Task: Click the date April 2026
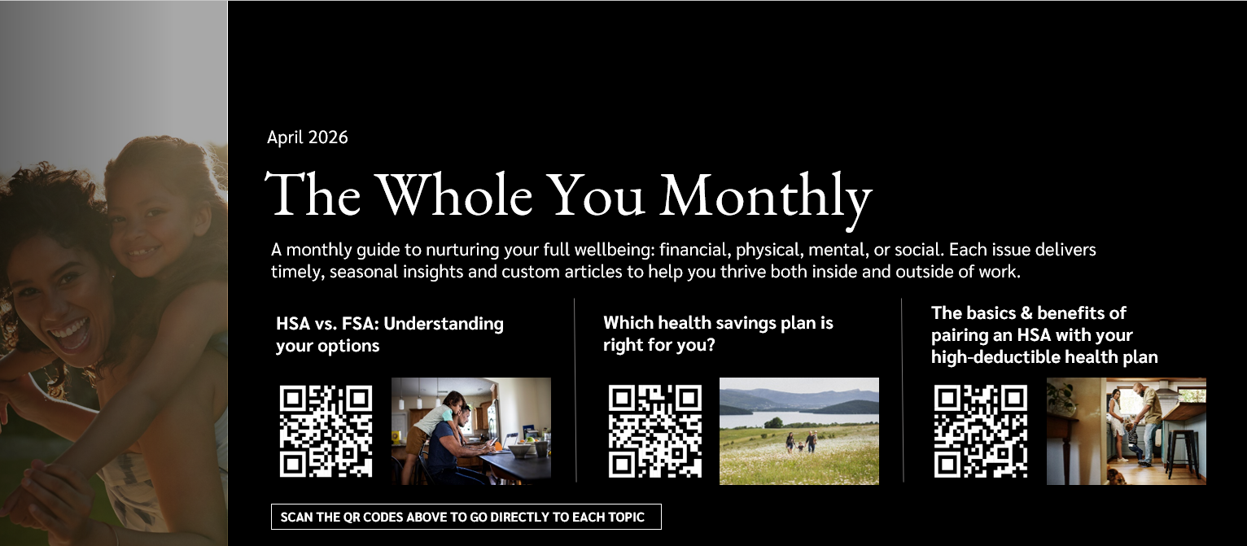coord(307,138)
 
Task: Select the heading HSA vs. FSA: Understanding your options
coord(390,334)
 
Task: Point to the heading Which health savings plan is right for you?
coord(718,334)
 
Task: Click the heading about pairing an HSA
coord(1044,334)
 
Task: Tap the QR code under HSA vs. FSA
coord(326,431)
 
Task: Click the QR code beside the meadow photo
coord(655,431)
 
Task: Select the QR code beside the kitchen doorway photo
coord(981,431)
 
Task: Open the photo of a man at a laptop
coord(470,431)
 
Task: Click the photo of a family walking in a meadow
coord(799,431)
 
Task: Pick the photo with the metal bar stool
coord(1126,431)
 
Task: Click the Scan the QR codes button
coord(466,518)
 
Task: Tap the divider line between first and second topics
coord(575,391)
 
